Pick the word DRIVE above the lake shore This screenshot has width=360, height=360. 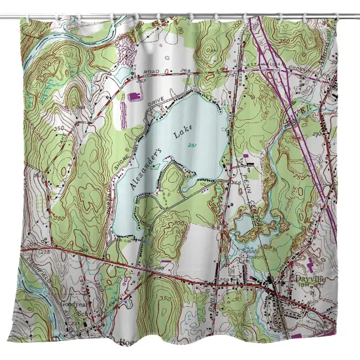(155, 102)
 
